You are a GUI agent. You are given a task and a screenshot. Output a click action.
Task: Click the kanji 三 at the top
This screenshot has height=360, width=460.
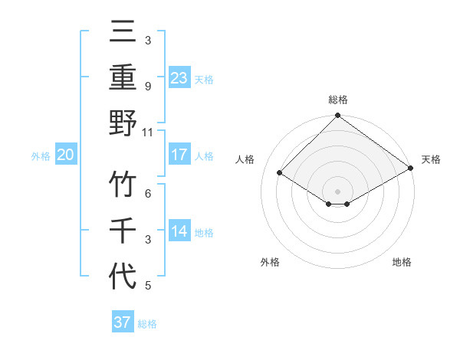(123, 33)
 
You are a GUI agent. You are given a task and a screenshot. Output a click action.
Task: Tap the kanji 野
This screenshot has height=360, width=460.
(123, 123)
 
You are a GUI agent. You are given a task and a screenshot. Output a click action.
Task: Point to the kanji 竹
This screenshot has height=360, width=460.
(123, 184)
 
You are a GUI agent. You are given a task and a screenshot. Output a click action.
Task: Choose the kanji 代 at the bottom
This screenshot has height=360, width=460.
(123, 276)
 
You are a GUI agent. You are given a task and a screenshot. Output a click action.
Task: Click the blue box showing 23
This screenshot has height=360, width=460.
(179, 78)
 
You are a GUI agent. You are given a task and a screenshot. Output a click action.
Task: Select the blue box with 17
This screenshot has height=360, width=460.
(179, 155)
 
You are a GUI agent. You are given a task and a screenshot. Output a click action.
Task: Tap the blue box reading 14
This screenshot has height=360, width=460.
(179, 231)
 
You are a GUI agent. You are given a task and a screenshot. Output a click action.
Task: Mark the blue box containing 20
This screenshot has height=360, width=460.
(65, 155)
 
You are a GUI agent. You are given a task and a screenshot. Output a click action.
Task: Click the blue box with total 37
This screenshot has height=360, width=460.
(123, 322)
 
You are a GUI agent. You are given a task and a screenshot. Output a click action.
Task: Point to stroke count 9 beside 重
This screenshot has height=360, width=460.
(148, 87)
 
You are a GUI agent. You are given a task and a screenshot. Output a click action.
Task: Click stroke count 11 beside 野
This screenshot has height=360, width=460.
(148, 132)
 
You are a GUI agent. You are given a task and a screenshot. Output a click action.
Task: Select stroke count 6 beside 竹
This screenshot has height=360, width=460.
(148, 194)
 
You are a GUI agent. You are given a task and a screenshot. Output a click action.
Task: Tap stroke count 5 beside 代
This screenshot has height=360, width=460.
(148, 286)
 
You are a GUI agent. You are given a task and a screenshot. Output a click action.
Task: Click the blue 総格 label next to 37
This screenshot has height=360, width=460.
(147, 324)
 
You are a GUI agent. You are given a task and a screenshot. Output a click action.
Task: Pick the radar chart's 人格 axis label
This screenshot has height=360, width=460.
(245, 159)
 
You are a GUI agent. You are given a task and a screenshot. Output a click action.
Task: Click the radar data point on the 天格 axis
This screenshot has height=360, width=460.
(411, 169)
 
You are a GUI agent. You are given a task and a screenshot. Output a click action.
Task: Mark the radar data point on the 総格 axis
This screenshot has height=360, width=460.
(337, 117)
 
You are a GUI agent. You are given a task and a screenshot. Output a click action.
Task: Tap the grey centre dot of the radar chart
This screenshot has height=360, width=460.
(337, 191)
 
